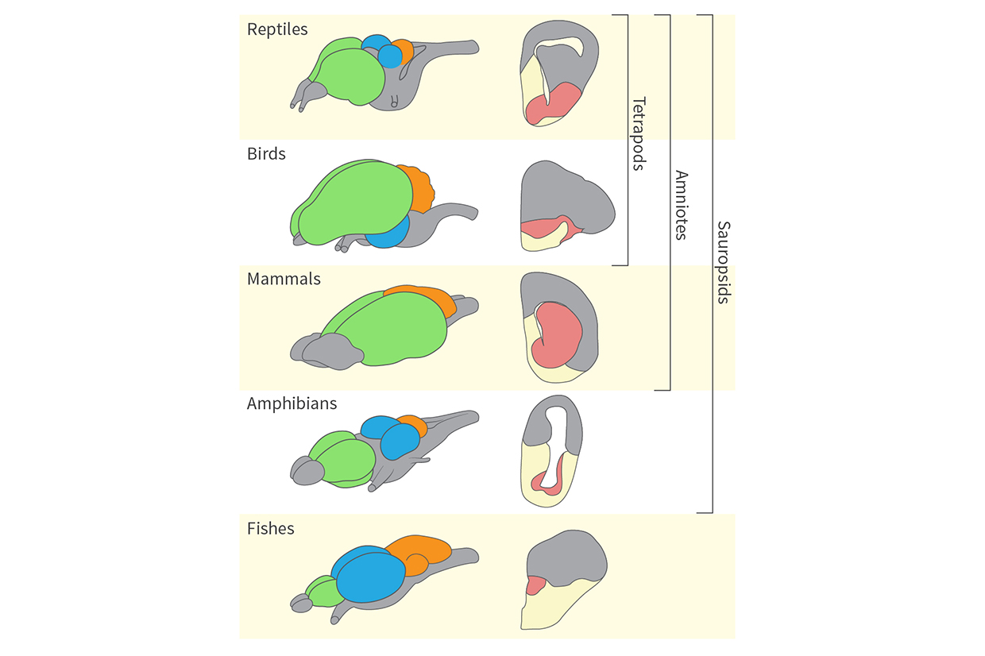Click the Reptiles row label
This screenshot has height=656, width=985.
277,29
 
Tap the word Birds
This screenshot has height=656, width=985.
266,154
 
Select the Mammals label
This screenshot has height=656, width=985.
284,279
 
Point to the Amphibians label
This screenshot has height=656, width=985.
292,403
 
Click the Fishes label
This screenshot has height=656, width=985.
270,528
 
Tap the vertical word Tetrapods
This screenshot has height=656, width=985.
637,134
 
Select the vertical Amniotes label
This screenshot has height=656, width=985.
681,204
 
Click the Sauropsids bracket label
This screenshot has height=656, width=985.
723,262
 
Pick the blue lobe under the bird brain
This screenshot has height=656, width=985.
389,234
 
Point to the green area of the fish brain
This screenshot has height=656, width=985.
322,591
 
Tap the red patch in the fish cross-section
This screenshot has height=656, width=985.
535,586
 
